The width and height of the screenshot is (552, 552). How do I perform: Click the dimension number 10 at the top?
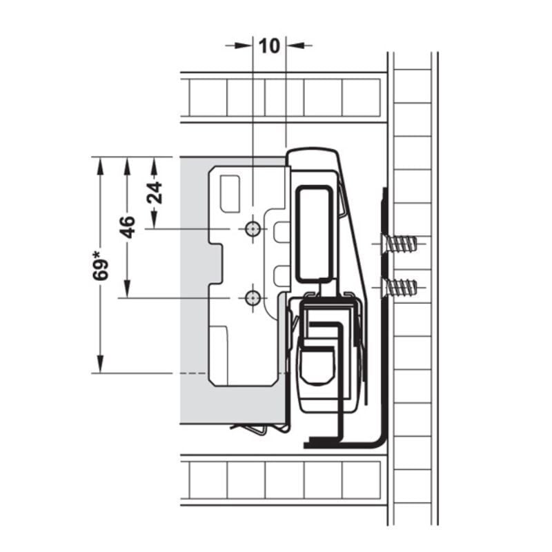pos(269,46)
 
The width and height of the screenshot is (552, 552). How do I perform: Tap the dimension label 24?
pos(155,193)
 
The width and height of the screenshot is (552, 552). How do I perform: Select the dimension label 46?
pos(127,227)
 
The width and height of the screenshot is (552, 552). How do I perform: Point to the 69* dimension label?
pos(101,266)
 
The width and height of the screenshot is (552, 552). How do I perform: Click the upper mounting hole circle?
pos(253,229)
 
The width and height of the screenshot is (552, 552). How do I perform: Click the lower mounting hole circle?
pos(253,298)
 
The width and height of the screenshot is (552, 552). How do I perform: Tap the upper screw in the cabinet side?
pos(399,244)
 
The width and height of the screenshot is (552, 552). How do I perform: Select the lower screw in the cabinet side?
pos(399,287)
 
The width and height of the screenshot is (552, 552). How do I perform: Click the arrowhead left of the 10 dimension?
pos(244,46)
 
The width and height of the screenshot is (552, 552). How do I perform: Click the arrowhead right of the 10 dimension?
pos(295,46)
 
